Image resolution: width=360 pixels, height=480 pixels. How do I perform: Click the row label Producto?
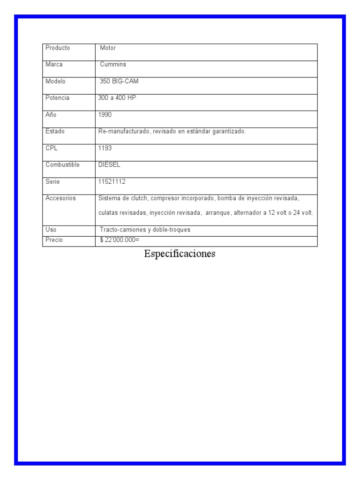coord(58,48)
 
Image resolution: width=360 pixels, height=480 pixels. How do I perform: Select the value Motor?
coord(108,48)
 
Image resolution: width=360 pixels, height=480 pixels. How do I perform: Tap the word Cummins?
coord(113,64)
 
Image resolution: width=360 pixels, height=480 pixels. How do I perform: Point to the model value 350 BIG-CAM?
coord(119,81)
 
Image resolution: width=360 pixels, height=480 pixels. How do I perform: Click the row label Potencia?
coord(57,97)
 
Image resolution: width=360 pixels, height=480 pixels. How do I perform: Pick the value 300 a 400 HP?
coord(117,97)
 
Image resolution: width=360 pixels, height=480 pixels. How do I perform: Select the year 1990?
coord(105,114)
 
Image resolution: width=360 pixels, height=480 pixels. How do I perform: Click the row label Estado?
coord(55,131)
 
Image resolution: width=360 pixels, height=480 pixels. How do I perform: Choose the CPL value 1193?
coord(105,148)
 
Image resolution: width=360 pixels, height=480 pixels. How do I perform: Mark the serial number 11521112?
coord(112,181)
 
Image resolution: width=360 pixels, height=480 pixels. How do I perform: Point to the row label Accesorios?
coord(60,198)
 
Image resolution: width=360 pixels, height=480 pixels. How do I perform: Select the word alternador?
coord(248,213)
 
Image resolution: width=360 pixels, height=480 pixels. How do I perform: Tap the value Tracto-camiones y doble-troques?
coord(145,230)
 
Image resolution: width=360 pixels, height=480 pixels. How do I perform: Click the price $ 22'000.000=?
coord(120,240)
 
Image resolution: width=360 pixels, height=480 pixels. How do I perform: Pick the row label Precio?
coord(54,240)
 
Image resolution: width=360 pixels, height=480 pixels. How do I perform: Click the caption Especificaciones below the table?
coord(180,254)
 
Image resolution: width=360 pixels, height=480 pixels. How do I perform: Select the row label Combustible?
coord(62,165)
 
